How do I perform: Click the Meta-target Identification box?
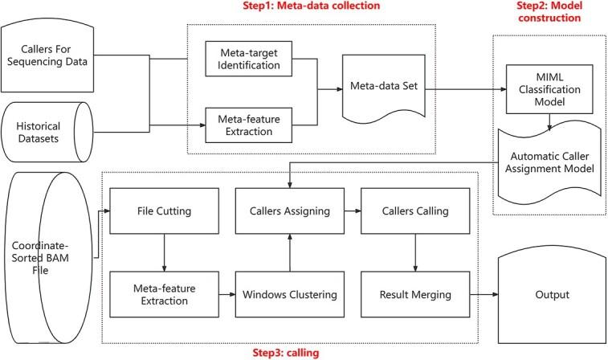[248, 59]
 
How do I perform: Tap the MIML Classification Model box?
[549, 89]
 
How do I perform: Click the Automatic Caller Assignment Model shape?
[549, 163]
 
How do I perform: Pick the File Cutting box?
[164, 211]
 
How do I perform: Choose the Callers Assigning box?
[290, 211]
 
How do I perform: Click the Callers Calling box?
[415, 211]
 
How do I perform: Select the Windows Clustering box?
[290, 294]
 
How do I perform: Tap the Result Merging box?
[415, 294]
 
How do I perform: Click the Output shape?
[552, 294]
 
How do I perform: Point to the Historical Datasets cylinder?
[47, 132]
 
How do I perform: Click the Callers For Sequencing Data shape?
[47, 57]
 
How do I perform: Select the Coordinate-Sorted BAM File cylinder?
[48, 258]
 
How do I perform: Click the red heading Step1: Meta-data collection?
[312, 6]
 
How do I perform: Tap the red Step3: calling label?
[286, 353]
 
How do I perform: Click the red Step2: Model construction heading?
[549, 11]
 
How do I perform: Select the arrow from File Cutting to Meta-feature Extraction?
[164, 252]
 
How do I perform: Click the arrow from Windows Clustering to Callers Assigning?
[290, 252]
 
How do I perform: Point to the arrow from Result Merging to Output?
[484, 294]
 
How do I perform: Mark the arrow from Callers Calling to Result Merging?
[415, 252]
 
